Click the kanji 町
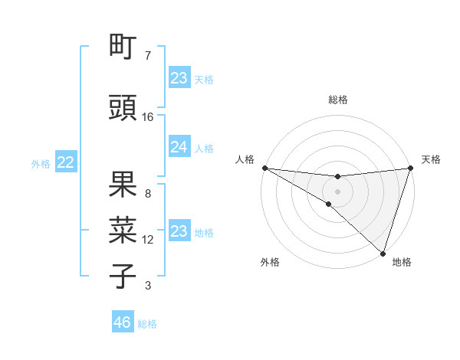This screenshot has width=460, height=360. point(123,48)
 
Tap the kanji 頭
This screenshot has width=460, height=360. point(123,108)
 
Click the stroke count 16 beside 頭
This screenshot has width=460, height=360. point(148,117)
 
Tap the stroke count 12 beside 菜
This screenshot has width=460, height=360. point(148,240)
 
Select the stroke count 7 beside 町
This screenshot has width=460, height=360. point(148,56)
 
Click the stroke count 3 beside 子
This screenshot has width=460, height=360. point(148,286)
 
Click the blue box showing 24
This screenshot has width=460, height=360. point(179,148)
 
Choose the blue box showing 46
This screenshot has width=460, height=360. point(122,322)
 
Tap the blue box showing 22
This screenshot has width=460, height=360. point(65,162)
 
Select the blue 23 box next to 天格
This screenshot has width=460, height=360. point(179,78)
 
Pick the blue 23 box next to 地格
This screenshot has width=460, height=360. point(179,231)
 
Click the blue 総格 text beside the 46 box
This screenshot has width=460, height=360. point(147,324)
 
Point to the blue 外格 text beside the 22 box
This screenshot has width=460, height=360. point(41,163)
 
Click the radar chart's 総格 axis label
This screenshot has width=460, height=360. point(337,100)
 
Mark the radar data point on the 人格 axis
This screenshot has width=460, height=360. point(264,168)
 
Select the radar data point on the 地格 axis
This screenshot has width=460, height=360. point(383,253)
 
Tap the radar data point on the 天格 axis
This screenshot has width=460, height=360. point(410,169)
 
